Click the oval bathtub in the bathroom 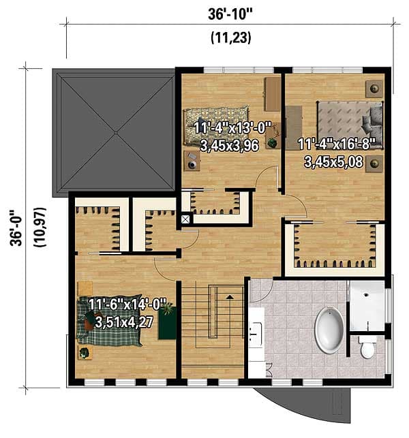(x=329, y=330)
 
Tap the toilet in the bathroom (x=367, y=347)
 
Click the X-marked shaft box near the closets (x=185, y=219)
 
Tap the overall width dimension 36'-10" (x=229, y=14)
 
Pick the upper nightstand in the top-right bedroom (x=373, y=88)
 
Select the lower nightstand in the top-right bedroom (x=373, y=163)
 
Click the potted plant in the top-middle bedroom (x=273, y=142)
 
